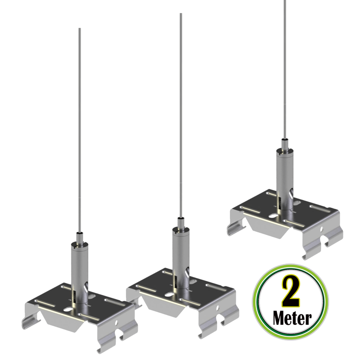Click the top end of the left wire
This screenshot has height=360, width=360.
pyautogui.click(x=79, y=30)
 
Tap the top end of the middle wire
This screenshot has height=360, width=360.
pyautogui.click(x=181, y=15)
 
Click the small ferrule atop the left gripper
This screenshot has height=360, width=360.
pyautogui.click(x=79, y=236)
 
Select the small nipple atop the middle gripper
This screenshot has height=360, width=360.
pyautogui.click(x=180, y=221)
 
